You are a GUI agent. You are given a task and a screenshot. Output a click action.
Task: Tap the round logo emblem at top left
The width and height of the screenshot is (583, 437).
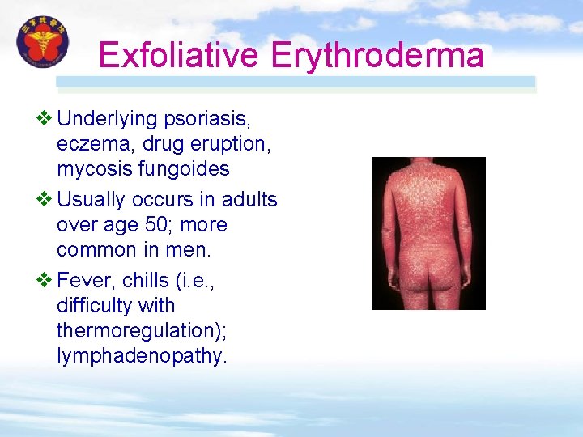pyautogui.click(x=43, y=41)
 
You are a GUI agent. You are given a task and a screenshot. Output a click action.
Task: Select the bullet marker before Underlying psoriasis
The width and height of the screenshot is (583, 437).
pyautogui.click(x=45, y=119)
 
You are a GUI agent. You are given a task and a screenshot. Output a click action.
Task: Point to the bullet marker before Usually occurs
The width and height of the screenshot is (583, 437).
pyautogui.click(x=45, y=199)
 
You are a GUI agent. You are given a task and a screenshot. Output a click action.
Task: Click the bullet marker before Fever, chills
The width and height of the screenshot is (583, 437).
pyautogui.click(x=45, y=280)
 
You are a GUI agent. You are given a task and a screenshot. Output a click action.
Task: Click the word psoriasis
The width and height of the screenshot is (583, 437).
pyautogui.click(x=206, y=119)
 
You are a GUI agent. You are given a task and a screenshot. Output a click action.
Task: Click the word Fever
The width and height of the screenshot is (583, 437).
pyautogui.click(x=84, y=280)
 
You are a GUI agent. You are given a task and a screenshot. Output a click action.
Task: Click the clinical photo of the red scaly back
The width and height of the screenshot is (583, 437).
pyautogui.click(x=428, y=233)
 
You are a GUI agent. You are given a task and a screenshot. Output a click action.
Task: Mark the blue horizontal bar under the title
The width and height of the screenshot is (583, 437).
pyautogui.click(x=296, y=82)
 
